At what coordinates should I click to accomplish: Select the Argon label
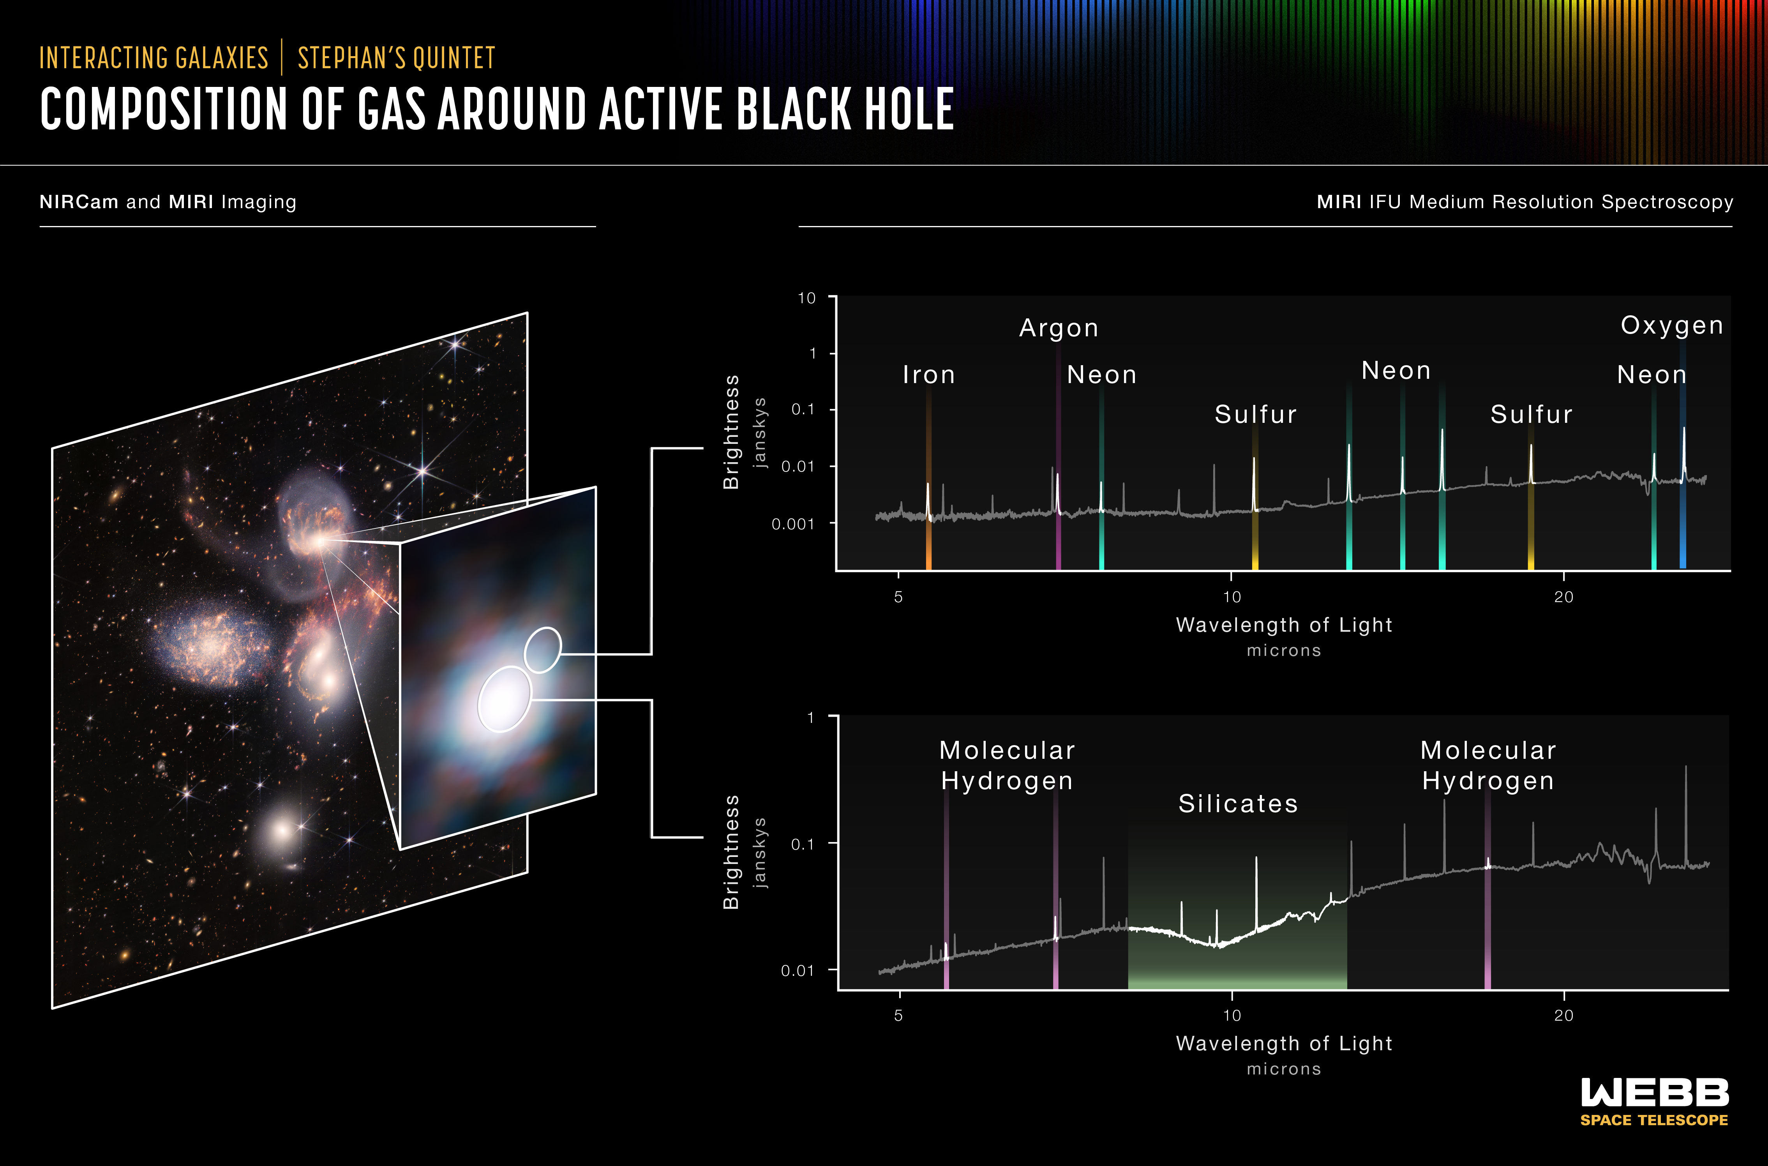click(x=1059, y=328)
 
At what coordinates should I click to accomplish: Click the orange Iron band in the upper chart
click(x=928, y=480)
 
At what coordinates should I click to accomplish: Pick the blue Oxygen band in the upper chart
click(x=1683, y=454)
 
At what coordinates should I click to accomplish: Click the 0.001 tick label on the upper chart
click(x=792, y=524)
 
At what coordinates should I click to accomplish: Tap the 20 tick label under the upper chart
click(x=1563, y=597)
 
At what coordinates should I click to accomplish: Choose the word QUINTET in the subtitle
click(x=454, y=58)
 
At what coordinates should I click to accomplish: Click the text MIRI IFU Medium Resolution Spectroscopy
click(x=1525, y=202)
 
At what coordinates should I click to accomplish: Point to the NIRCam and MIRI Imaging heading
click(x=168, y=202)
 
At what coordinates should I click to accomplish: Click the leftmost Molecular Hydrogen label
click(x=1008, y=765)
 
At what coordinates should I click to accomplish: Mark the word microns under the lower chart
click(x=1284, y=1069)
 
